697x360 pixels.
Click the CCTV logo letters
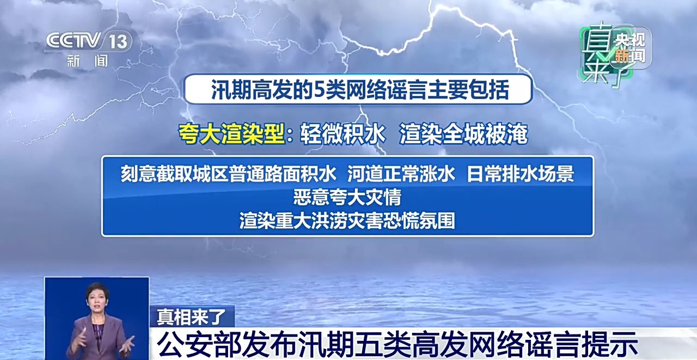click(x=74, y=40)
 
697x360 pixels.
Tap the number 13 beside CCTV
click(x=118, y=41)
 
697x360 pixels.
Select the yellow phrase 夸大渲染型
click(x=231, y=134)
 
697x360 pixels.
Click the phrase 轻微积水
click(x=343, y=134)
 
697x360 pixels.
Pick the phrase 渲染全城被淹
click(x=463, y=134)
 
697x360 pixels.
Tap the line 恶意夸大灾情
click(x=347, y=197)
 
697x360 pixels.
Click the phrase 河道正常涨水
click(x=401, y=174)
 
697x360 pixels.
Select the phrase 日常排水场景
click(x=520, y=174)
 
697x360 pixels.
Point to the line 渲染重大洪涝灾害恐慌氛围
click(x=347, y=220)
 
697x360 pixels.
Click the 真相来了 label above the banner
click(x=191, y=317)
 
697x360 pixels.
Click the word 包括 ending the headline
click(x=489, y=90)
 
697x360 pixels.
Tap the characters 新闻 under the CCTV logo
click(x=88, y=60)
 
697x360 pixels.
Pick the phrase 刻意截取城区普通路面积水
click(x=228, y=174)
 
